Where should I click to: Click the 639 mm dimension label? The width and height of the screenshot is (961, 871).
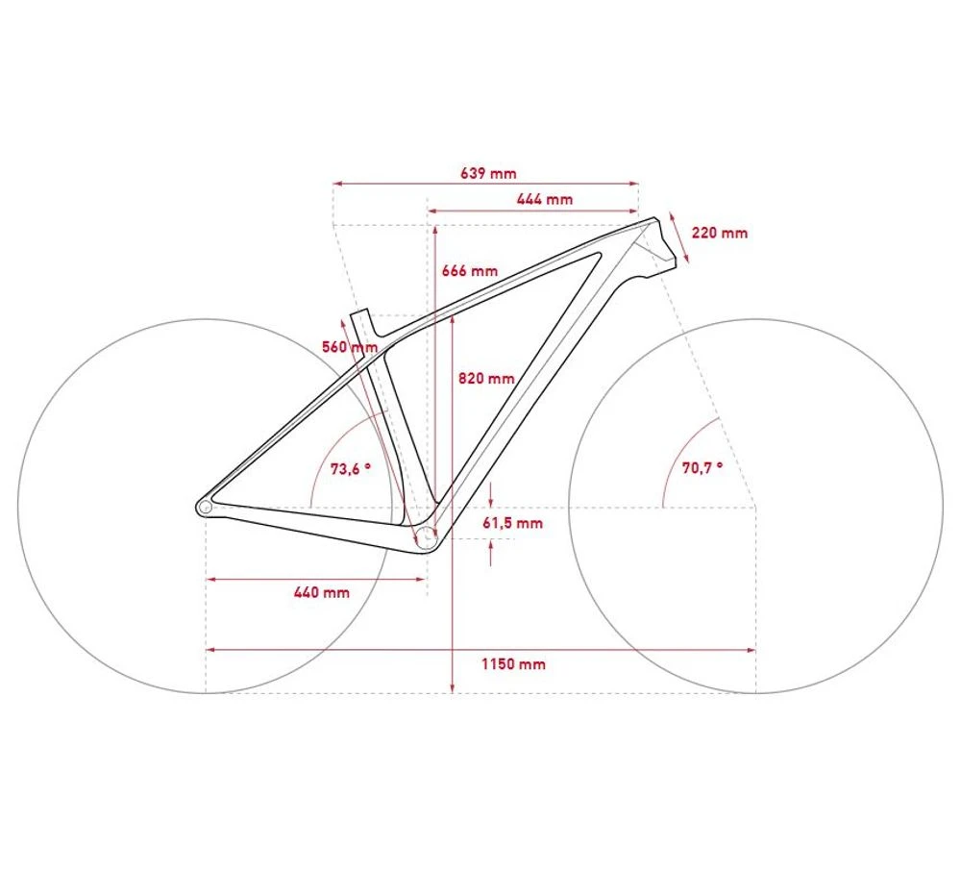point(488,173)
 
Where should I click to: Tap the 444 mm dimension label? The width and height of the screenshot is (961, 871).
point(545,199)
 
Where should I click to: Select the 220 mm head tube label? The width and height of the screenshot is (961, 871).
point(720,233)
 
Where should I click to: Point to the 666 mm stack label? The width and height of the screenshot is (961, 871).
point(470,271)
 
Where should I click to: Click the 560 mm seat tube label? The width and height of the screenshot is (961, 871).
point(350,347)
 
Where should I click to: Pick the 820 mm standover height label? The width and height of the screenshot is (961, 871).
point(486,378)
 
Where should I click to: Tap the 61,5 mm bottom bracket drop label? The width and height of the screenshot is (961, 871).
point(513,523)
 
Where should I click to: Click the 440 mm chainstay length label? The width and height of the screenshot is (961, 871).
point(322,593)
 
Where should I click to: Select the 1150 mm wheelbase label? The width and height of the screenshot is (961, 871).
point(513,663)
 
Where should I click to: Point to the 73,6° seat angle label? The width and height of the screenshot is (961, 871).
point(351,469)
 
